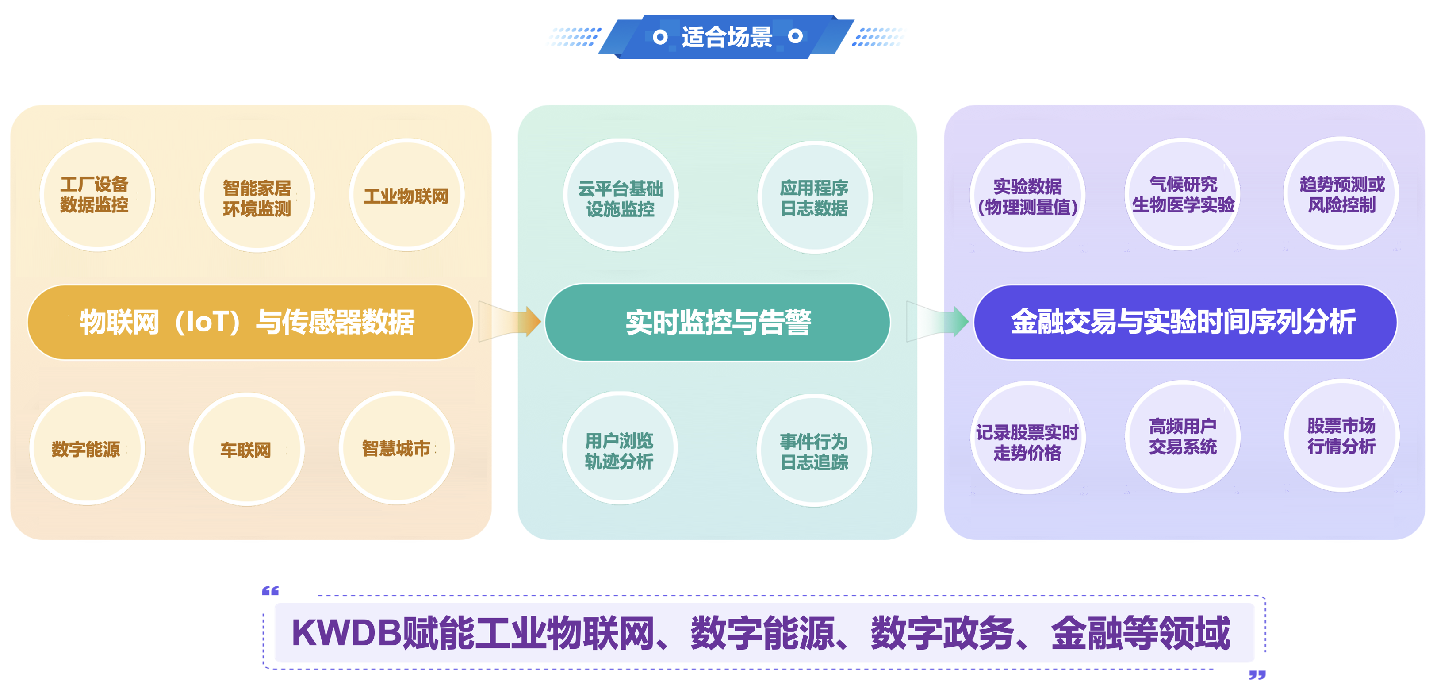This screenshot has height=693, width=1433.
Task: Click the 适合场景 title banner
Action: [x=727, y=37]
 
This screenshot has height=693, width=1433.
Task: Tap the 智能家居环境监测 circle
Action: [x=257, y=196]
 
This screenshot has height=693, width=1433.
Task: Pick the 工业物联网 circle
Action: [x=406, y=195]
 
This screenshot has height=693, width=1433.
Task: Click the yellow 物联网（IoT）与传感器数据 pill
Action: [x=250, y=322]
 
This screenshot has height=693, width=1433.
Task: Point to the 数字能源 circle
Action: [x=87, y=449]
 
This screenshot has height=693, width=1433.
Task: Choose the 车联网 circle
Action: [x=246, y=449]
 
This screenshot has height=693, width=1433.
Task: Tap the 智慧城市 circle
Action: [x=396, y=448]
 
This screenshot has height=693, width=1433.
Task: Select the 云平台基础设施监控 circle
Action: [x=620, y=196]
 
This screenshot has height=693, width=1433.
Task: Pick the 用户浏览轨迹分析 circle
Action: [x=619, y=449]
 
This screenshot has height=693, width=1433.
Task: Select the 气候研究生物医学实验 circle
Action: [x=1183, y=194]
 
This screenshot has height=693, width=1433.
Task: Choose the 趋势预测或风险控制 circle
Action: [x=1341, y=194]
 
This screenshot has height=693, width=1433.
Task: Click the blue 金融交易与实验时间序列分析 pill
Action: [x=1185, y=322]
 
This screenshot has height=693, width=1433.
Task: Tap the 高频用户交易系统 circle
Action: [x=1183, y=436]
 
